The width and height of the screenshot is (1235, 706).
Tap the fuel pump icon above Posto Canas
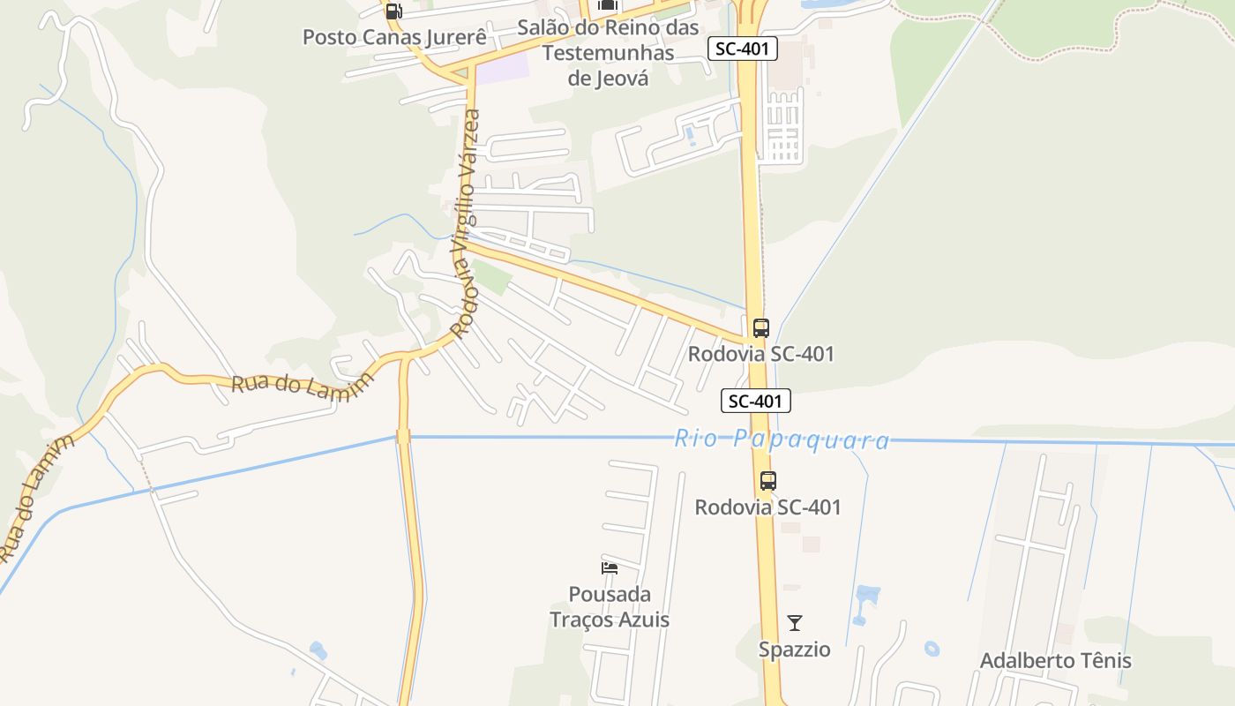[x=393, y=11]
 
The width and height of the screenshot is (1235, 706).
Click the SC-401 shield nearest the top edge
[x=742, y=49]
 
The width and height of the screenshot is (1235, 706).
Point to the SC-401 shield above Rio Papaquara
[x=756, y=401]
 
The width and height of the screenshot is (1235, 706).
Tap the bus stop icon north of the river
[x=760, y=328]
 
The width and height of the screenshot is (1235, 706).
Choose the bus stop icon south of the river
[x=768, y=481]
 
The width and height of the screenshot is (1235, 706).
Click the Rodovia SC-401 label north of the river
[x=760, y=354]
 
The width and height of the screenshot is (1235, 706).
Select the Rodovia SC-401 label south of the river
[x=767, y=507]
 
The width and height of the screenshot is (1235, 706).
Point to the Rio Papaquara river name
[x=782, y=439]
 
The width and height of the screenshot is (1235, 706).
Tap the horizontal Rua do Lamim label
[x=302, y=387]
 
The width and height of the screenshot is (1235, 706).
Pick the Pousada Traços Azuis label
[x=610, y=606]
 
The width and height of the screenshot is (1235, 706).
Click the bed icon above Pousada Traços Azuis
[x=609, y=567]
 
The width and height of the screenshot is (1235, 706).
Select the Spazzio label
[x=794, y=650]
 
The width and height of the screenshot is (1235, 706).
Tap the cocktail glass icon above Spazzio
[x=795, y=623]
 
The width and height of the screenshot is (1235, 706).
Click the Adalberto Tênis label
[x=1055, y=660]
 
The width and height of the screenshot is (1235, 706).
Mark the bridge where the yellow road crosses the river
[x=403, y=436]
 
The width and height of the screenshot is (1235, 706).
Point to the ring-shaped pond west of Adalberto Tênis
[x=932, y=649]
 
